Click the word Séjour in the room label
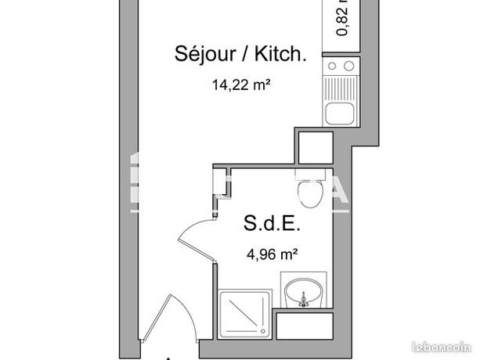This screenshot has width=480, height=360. (x=200, y=54)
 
